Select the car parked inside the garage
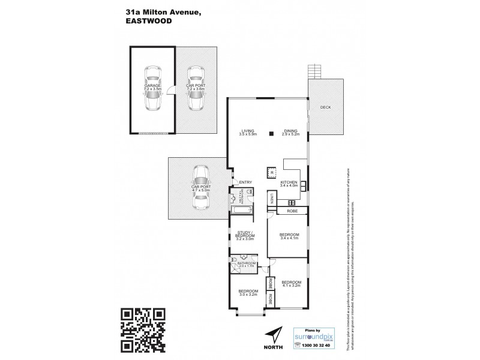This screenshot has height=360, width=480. pos(153,89)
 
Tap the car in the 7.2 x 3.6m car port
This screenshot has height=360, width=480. pos(196,89)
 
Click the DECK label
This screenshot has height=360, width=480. pos(325,107)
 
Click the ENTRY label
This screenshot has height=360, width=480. pos(245,182)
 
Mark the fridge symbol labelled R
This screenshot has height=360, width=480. pos(272,173)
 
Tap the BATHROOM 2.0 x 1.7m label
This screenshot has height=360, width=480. pos(247,263)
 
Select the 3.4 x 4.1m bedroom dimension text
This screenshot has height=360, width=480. pos(289,238)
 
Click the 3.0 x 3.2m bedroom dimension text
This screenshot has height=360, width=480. pos(248,294)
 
